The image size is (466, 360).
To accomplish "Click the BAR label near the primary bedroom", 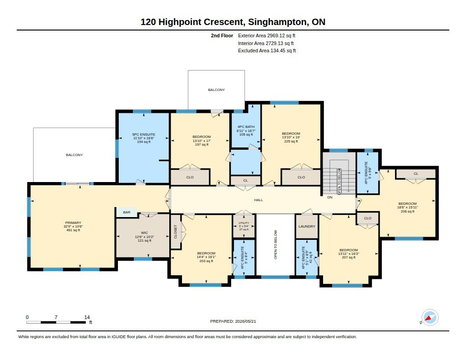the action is pyautogui.click(x=127, y=212).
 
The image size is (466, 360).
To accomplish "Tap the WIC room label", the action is pyautogui.click(x=144, y=233).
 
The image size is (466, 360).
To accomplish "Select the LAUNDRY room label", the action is pyautogui.click(x=307, y=227).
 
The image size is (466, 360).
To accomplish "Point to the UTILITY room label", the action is pyautogui.click(x=244, y=223).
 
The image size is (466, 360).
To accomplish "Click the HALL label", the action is pyautogui.click(x=258, y=200).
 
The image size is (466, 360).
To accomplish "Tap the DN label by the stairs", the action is pyautogui.click(x=330, y=198).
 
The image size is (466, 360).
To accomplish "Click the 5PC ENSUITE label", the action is pyautogui.click(x=143, y=134).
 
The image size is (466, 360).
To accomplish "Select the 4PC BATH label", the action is pyautogui.click(x=246, y=127).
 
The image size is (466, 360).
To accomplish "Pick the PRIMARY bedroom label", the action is pyautogui.click(x=73, y=223).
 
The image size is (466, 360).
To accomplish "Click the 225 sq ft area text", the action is pyautogui.click(x=291, y=141).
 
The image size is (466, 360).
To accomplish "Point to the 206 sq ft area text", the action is pyautogui.click(x=407, y=211).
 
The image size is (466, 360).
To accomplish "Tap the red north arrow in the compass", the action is pyautogui.click(x=428, y=319).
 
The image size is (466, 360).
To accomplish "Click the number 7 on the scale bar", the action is pyautogui.click(x=56, y=317).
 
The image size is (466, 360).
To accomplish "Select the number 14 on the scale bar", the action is pyautogui.click(x=87, y=317).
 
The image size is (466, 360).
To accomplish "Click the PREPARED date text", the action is pyautogui.click(x=233, y=321).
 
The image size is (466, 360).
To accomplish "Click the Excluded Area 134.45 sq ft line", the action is pyautogui.click(x=267, y=51).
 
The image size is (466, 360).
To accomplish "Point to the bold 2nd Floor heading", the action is pyautogui.click(x=222, y=35).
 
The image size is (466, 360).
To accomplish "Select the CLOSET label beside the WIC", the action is pyautogui.click(x=175, y=232).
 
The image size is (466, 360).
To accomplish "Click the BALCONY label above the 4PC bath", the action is pyautogui.click(x=216, y=90).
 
